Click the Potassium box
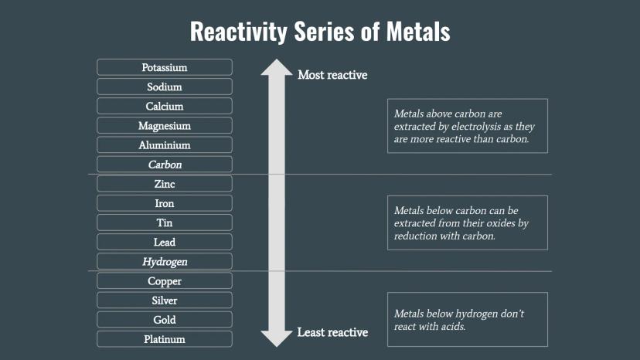pos(164,67)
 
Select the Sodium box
pos(164,87)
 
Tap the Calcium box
pos(164,106)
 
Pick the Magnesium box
pos(164,125)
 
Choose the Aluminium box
pos(164,144)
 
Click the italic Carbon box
pos(164,165)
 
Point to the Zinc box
pos(164,184)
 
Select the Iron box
pos(164,203)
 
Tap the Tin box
pos(164,222)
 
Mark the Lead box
pos(164,242)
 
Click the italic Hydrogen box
pos(164,262)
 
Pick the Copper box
pos(164,281)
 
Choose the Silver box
pos(164,301)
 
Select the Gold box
pos(164,320)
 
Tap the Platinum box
pos(164,339)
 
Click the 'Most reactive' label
pos(332,75)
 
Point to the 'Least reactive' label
pos(332,332)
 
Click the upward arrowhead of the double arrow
pos(276,67)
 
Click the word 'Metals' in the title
pos(410,32)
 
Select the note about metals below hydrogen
pos(467,319)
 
